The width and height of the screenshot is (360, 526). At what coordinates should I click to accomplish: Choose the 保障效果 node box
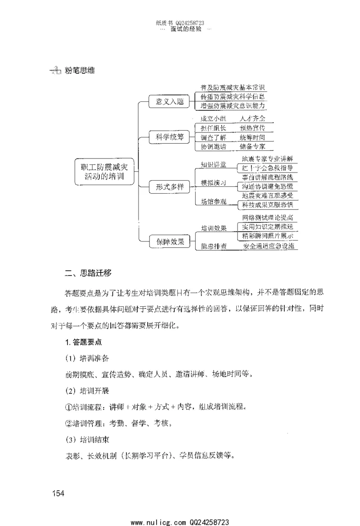coord(167,241)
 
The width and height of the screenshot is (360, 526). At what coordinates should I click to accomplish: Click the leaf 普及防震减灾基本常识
coord(233,87)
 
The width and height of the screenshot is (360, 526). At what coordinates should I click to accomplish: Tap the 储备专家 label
coord(252,147)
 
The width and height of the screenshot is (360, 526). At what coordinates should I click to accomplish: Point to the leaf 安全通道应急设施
coord(269,246)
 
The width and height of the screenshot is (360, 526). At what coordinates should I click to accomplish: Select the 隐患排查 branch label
coord(213,246)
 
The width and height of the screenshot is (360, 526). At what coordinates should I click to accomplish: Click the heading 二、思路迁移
coord(89,273)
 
